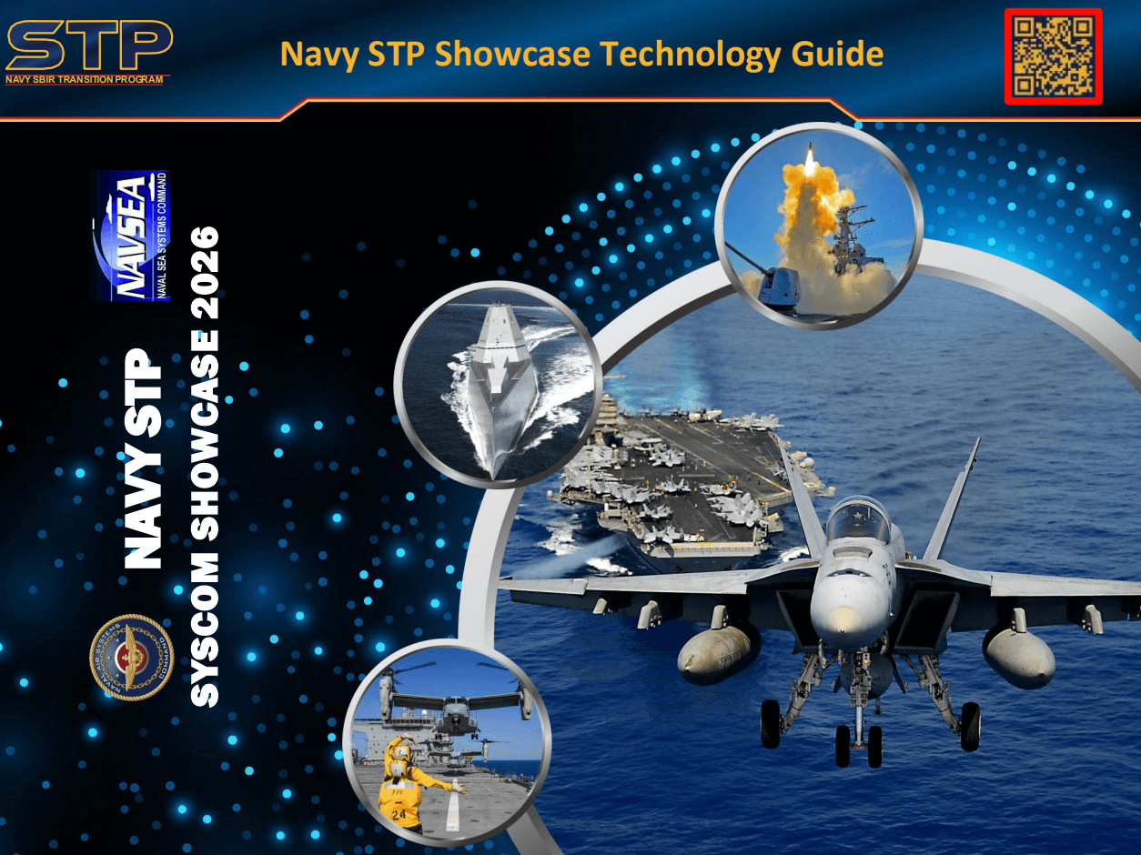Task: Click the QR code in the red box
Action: [x=1053, y=56]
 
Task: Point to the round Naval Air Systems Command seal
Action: [x=131, y=657]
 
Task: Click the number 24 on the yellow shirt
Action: [x=399, y=812]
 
